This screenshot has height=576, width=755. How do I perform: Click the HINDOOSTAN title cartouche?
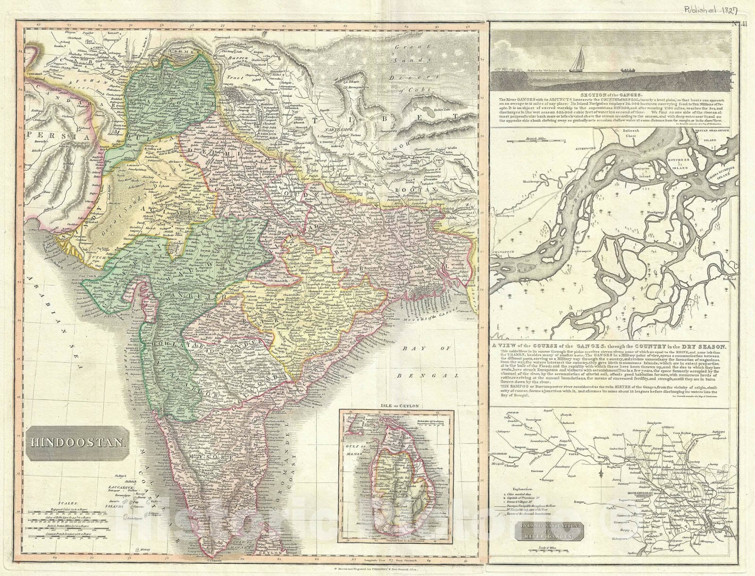(77, 442)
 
